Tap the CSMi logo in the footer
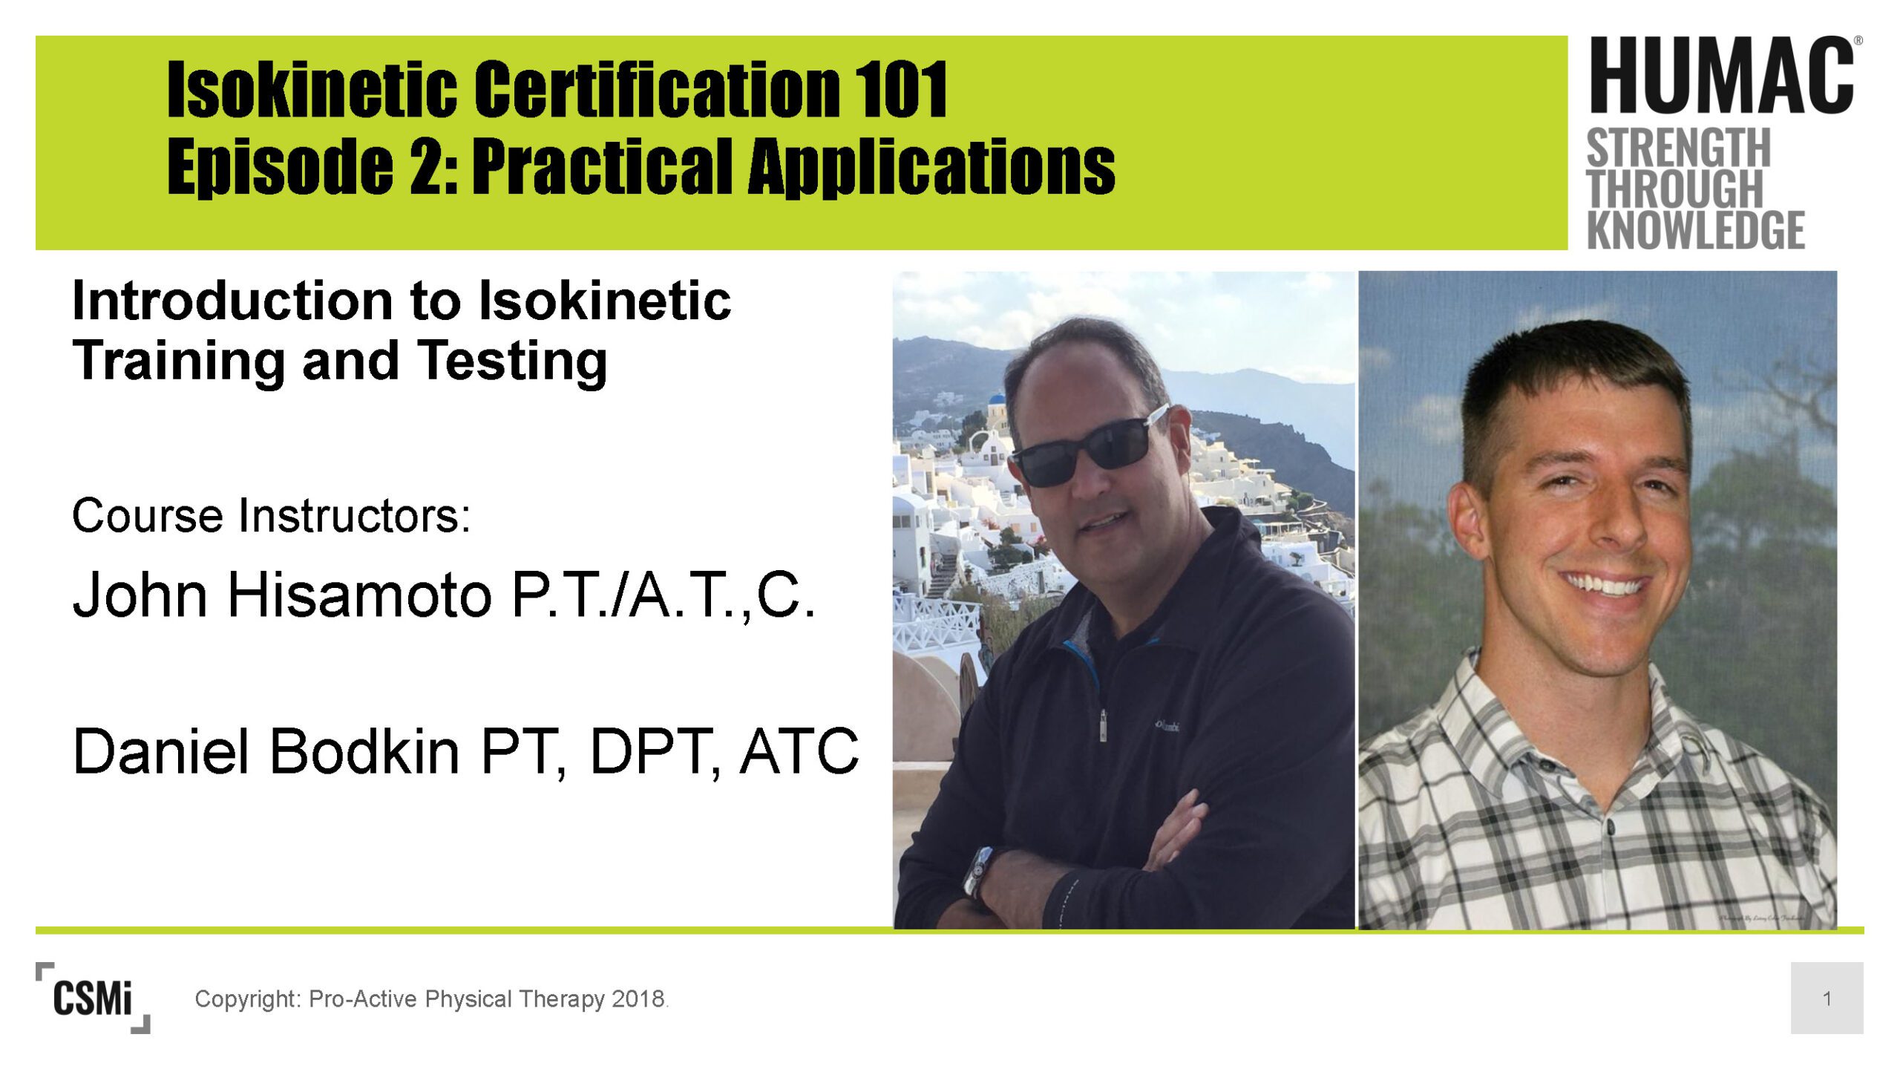(93, 998)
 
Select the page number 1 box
(1827, 998)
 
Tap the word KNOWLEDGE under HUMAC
(1696, 229)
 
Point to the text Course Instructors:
(271, 516)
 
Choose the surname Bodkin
(364, 751)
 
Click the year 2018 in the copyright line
(638, 999)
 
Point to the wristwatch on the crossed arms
(977, 871)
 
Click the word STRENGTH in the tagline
(1679, 148)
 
